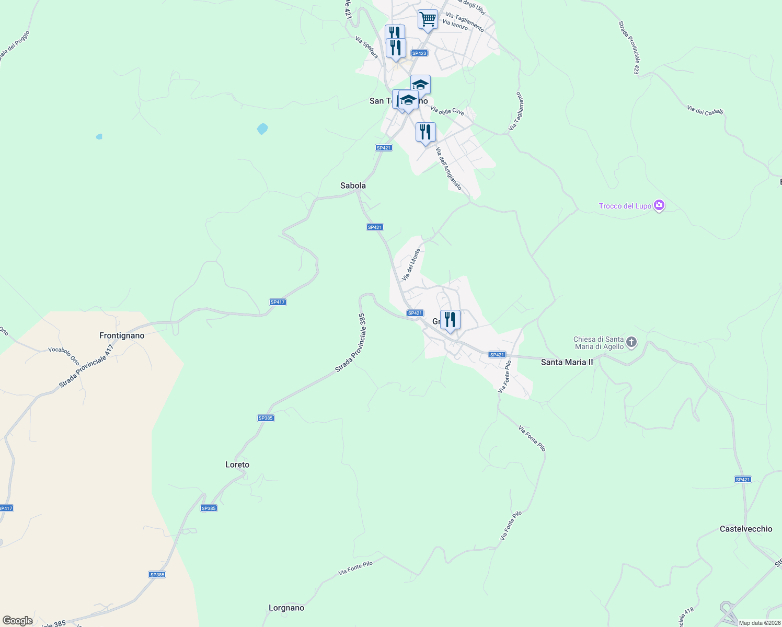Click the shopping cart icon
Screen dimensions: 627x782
(428, 20)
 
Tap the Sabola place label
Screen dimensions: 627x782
(353, 185)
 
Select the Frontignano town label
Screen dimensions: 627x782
(122, 335)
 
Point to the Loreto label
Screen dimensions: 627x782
(237, 465)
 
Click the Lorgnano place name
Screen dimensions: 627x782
(286, 608)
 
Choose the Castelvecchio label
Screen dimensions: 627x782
(746, 529)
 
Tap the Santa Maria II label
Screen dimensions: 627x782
(567, 362)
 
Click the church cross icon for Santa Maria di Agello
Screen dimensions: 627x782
(631, 342)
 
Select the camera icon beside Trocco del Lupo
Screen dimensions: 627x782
(659, 205)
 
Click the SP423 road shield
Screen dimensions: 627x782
(419, 53)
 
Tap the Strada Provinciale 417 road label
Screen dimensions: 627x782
(86, 366)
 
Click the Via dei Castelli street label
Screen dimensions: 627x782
(705, 110)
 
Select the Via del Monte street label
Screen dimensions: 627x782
(411, 264)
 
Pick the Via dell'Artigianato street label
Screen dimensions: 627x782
(448, 169)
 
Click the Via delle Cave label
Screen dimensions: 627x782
(447, 110)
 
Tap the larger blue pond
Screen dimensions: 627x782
(262, 128)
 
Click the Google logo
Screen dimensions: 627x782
(18, 621)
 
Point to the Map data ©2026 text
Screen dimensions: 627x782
(758, 623)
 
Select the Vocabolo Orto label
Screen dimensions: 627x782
(64, 356)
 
